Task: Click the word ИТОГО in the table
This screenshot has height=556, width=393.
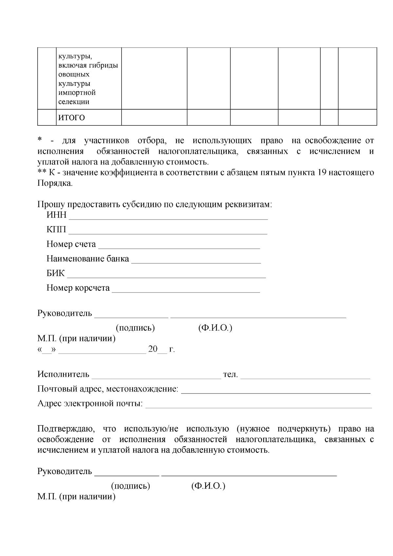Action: pyautogui.click(x=71, y=117)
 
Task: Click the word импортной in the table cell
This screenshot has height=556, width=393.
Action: pyautogui.click(x=77, y=93)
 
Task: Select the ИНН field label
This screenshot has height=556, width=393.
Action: pyautogui.click(x=56, y=215)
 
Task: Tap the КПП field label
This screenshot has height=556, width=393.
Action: pyautogui.click(x=56, y=230)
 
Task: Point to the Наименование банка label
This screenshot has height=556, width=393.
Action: pyautogui.click(x=88, y=259)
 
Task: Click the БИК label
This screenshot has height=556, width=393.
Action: pyautogui.click(x=56, y=273)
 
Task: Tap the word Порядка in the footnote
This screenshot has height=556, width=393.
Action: pyautogui.click(x=54, y=183)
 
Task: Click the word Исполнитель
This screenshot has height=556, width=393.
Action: pyautogui.click(x=63, y=374)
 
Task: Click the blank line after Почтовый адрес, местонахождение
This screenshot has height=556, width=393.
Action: pyautogui.click(x=276, y=391)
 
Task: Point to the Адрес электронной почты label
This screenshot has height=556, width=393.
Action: pyautogui.click(x=90, y=403)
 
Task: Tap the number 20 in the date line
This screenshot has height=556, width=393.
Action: pyautogui.click(x=153, y=349)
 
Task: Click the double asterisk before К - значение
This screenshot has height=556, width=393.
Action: pyautogui.click(x=42, y=173)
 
